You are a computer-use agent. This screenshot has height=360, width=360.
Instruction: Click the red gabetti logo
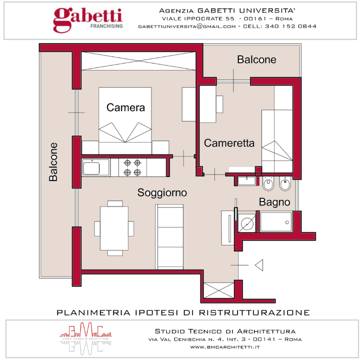87,19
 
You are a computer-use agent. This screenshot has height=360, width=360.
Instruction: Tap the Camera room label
125,107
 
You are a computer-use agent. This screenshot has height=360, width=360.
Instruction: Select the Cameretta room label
229,143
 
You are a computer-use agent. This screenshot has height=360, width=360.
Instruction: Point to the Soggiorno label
162,192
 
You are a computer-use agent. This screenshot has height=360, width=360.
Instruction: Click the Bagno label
274,202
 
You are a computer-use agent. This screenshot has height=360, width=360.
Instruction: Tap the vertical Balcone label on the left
53,162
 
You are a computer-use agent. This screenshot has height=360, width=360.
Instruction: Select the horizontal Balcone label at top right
256,59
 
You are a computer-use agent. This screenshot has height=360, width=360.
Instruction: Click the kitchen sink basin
91,168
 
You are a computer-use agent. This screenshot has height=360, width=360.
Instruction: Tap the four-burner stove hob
132,167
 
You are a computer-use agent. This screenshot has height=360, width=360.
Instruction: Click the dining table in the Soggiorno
114,228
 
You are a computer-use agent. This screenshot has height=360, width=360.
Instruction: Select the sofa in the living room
169,237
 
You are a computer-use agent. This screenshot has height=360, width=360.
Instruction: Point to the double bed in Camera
125,120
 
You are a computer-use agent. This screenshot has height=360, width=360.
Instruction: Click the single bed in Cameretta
277,141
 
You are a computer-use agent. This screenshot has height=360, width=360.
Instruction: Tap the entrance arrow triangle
260,265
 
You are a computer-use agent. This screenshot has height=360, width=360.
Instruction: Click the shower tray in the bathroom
276,222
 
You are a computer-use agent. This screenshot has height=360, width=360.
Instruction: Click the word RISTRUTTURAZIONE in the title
254,312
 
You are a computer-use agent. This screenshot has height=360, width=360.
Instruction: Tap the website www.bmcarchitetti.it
225,347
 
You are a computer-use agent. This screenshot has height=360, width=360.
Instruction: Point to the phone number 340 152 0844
290,26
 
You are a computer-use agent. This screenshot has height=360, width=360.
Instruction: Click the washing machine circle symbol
247,223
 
